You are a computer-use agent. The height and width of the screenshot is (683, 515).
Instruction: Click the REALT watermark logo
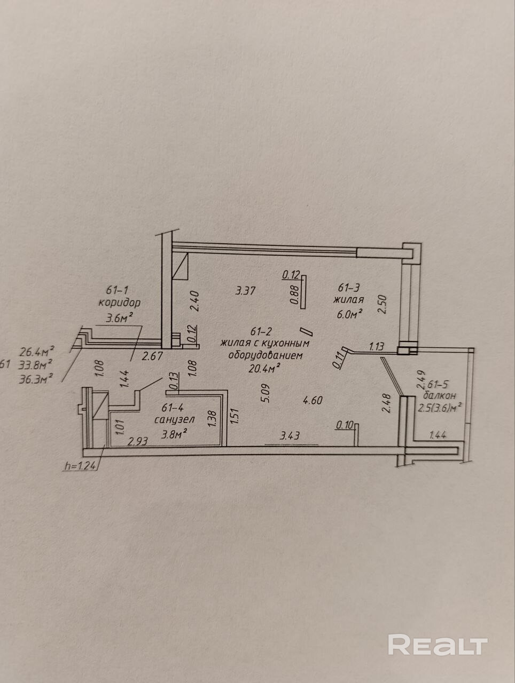(x=438, y=645)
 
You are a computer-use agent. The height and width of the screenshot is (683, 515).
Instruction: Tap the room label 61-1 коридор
(x=119, y=297)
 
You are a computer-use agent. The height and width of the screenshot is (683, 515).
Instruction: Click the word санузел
(x=175, y=420)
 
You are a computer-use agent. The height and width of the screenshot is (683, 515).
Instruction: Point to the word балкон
(x=439, y=395)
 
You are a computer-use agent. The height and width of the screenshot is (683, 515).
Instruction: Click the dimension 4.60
(x=312, y=400)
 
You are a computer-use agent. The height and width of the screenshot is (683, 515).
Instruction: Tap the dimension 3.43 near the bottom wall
(x=290, y=436)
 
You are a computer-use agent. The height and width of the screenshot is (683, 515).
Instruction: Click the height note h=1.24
(x=79, y=465)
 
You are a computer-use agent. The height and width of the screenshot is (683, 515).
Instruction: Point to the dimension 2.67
(x=152, y=356)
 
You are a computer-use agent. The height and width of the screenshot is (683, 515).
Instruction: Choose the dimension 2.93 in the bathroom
(x=137, y=441)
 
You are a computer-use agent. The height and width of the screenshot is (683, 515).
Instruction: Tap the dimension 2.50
(x=381, y=305)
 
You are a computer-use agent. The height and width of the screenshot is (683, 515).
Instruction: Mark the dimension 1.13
(x=376, y=347)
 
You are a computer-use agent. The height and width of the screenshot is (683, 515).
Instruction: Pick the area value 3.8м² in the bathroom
(x=175, y=433)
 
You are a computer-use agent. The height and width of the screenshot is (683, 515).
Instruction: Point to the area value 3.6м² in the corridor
(x=120, y=319)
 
